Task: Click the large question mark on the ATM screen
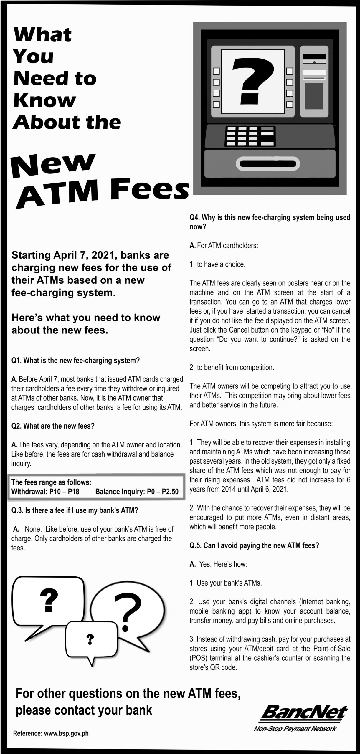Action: [x=253, y=80]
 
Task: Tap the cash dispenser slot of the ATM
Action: [x=270, y=164]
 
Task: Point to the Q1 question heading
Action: [x=75, y=360]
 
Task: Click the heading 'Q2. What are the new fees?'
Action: [x=53, y=426]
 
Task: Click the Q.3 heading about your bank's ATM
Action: [x=75, y=510]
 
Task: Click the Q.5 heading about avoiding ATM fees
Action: [x=254, y=545]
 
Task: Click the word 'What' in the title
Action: [x=43, y=35]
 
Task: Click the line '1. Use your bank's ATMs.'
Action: [x=226, y=583]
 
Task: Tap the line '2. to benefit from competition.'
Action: [x=232, y=367]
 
